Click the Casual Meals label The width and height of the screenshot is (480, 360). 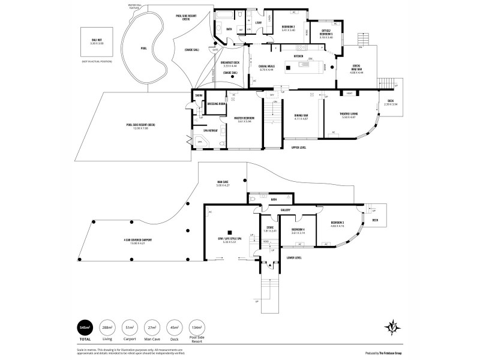tap(266, 67)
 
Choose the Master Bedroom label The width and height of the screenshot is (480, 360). tap(244, 119)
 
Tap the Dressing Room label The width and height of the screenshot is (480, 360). tap(216, 104)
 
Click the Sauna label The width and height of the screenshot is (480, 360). tap(198, 95)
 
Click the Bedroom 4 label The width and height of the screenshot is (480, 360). tap(298, 231)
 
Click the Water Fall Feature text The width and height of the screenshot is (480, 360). tap(136, 6)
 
